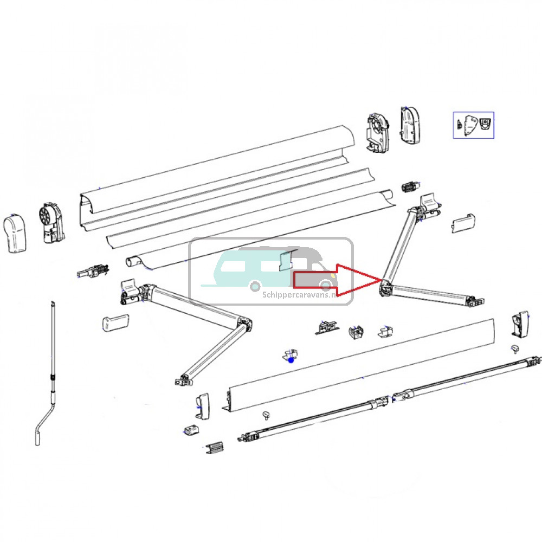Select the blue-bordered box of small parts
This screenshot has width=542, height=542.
tap(474, 125)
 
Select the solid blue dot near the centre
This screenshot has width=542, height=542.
tap(291, 359)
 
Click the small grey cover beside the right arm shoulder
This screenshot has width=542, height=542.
tap(464, 222)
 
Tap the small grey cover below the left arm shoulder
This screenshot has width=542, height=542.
tap(114, 323)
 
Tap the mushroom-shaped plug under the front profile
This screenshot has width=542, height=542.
tap(266, 415)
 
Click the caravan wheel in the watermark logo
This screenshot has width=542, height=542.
tap(254, 285)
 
